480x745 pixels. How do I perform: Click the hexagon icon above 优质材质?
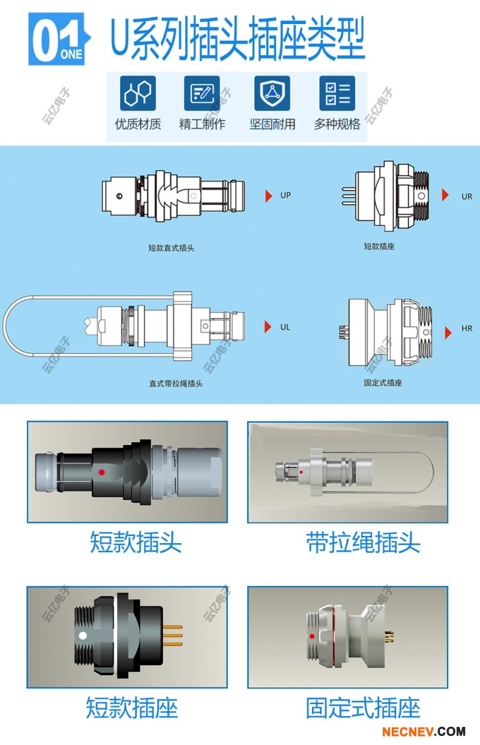(138, 93)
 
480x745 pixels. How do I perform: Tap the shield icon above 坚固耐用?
(272, 93)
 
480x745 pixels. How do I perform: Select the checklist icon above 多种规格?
(337, 93)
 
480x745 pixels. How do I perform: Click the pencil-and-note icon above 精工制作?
(202, 93)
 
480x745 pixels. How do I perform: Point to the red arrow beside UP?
(269, 196)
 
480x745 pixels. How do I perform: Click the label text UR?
(467, 196)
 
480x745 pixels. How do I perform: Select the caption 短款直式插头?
(171, 248)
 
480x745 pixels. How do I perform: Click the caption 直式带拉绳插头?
(176, 383)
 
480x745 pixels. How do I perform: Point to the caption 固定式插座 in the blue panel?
(383, 382)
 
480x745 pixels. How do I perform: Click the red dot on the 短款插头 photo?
(103, 471)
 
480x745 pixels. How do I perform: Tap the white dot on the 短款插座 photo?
(83, 635)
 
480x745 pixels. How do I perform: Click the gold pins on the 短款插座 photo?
(173, 636)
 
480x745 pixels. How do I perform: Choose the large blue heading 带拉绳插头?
(363, 543)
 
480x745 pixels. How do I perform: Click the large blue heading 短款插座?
(132, 708)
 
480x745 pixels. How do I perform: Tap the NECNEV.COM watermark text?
(424, 732)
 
